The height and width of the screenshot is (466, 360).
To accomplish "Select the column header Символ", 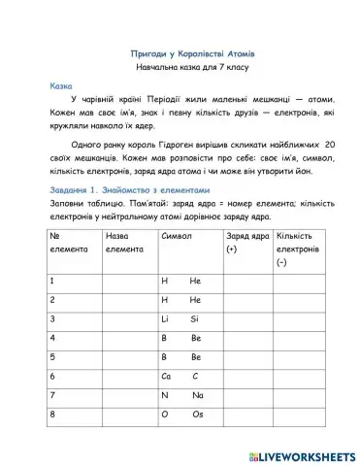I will click(x=177, y=236).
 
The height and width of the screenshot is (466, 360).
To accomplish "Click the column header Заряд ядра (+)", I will click(x=247, y=243).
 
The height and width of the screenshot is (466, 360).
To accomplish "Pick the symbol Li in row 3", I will click(x=165, y=317).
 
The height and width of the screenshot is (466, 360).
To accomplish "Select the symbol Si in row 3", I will click(x=195, y=317).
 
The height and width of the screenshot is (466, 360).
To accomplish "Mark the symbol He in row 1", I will click(x=195, y=280).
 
